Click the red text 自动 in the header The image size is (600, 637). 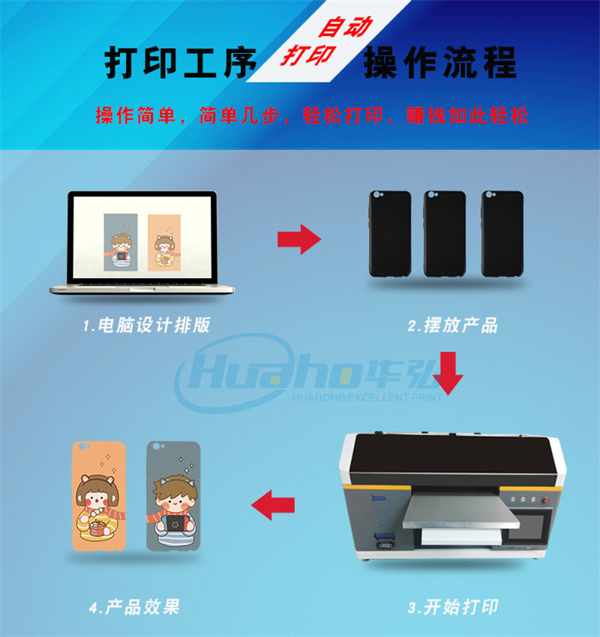point(345,28)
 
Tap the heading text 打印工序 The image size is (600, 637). point(180,64)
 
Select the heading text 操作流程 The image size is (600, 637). point(439,64)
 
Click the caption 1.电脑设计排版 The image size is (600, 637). point(147,325)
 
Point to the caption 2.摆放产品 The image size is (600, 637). point(452,325)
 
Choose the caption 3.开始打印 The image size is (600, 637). point(452,606)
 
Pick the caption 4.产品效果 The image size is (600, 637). point(134,606)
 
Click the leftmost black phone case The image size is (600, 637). point(390,233)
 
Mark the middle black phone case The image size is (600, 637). point(444,233)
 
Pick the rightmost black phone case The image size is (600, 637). point(500,233)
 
